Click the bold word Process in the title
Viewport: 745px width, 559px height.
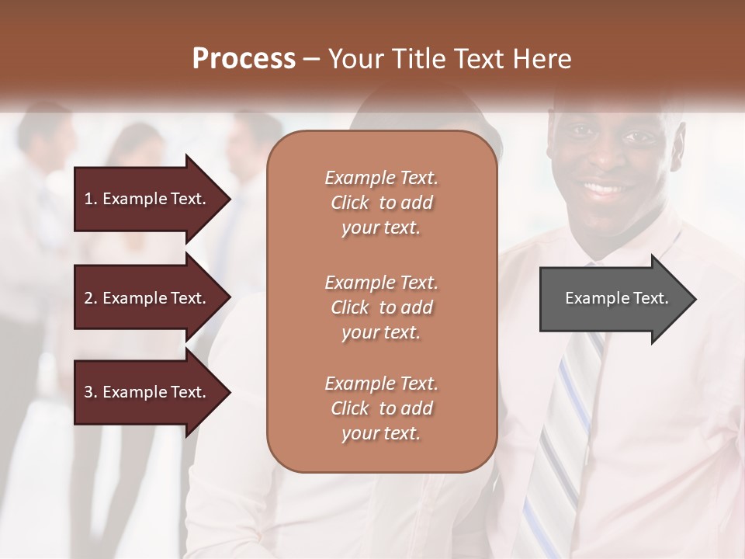(x=244, y=59)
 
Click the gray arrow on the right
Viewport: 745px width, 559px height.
(x=613, y=298)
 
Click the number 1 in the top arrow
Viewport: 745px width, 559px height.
(x=88, y=199)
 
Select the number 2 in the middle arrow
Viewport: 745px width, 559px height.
(x=88, y=298)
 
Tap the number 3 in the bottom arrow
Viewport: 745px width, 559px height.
(x=88, y=392)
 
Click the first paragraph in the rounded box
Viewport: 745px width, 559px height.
(x=381, y=203)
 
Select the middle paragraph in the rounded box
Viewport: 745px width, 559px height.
(x=381, y=307)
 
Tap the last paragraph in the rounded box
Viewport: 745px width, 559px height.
(x=381, y=408)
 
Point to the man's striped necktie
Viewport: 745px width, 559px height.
(x=563, y=435)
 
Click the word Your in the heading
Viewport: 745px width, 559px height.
(x=353, y=59)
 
